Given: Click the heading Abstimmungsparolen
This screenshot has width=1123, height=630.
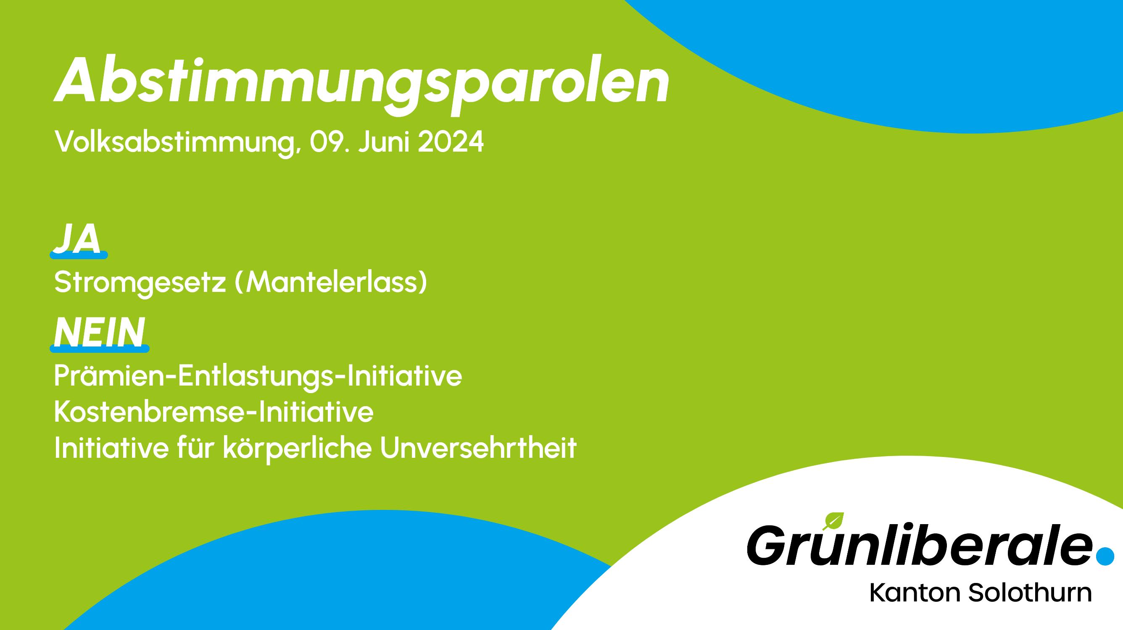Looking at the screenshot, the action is [361, 85].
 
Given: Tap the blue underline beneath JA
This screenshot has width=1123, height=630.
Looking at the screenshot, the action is [79, 255].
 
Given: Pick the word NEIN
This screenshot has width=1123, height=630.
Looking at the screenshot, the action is [99, 332].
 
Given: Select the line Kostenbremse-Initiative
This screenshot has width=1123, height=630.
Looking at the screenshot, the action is [214, 412].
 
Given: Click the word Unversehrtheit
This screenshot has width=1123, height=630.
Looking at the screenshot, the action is [479, 448].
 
